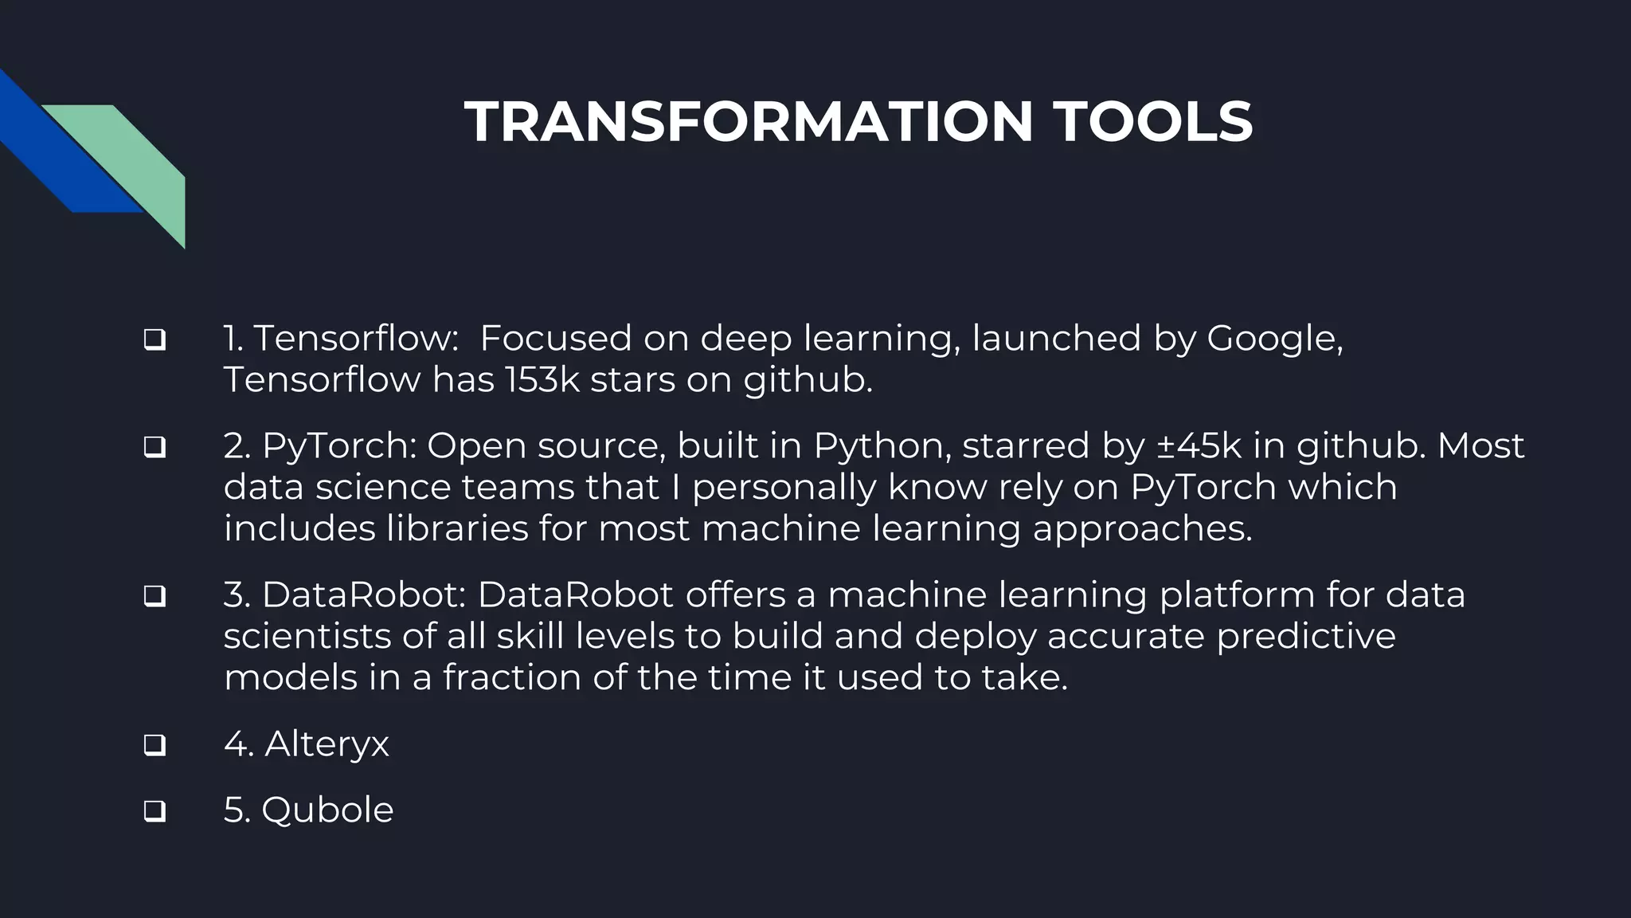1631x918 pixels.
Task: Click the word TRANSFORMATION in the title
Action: coord(749,122)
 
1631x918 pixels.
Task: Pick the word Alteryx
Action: coord(327,744)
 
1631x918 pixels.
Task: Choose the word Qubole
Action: coord(327,810)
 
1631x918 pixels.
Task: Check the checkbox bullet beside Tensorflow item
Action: coord(154,340)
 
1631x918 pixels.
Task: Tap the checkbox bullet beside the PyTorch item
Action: coord(154,447)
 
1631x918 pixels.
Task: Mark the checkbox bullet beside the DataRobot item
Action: coord(154,596)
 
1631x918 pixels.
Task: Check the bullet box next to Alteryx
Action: coord(154,745)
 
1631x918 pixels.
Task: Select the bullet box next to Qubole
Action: coord(154,811)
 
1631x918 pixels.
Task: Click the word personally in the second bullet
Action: coord(784,487)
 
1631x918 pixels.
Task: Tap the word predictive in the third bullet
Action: coord(1306,636)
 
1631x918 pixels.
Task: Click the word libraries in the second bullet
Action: coord(457,528)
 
